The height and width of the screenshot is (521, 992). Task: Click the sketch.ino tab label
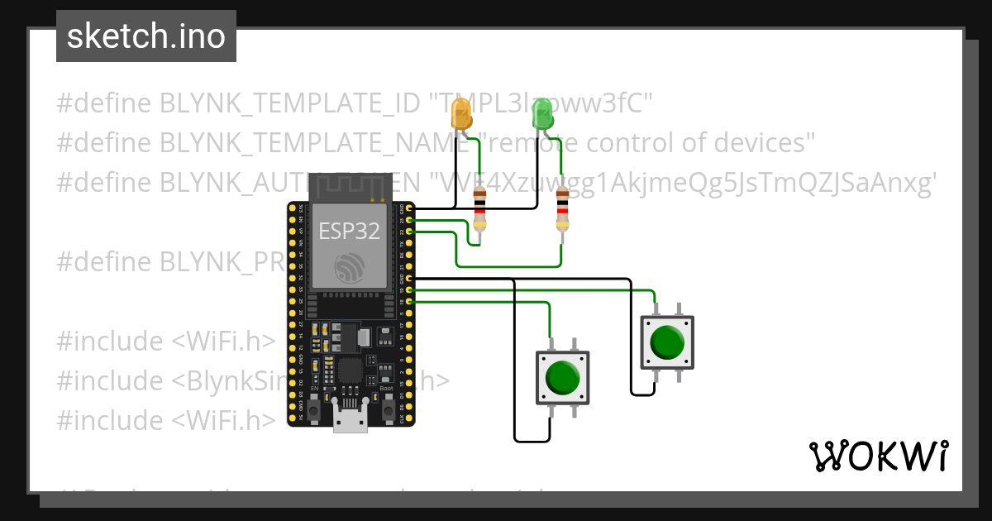146,36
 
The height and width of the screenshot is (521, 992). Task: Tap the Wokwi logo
878,456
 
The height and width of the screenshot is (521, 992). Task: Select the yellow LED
460,112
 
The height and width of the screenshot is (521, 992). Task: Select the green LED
542,112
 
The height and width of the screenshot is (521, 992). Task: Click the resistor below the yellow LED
479,209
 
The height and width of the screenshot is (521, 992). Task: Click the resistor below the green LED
563,209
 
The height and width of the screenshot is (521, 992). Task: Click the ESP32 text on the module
350,231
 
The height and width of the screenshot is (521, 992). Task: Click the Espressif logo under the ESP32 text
350,266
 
